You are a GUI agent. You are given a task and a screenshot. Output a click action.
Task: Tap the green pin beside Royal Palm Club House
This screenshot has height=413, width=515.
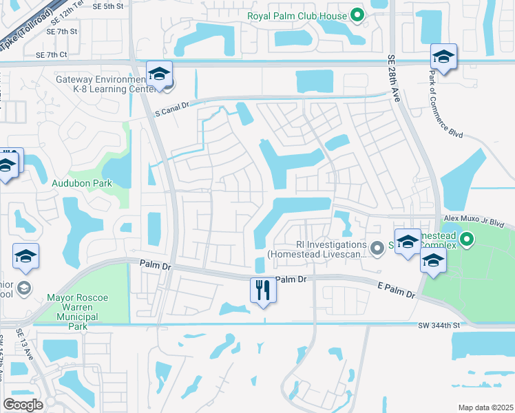click(357, 14)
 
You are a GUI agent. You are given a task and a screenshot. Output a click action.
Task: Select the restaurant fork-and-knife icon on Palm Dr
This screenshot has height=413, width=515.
click(263, 289)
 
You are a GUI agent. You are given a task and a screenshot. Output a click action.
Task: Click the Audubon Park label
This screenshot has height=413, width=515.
click(82, 183)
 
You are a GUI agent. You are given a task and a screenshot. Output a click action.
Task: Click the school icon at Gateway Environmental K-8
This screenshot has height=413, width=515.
click(159, 74)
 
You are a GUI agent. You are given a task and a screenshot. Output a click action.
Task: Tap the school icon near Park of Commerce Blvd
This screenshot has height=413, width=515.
click(444, 57)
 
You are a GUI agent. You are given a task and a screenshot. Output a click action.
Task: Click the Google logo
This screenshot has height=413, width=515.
click(23, 405)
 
